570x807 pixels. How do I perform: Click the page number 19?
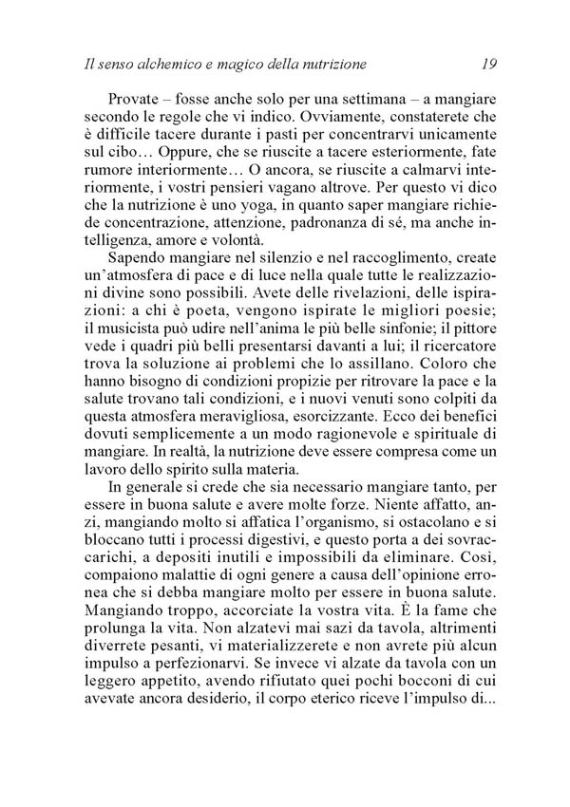(488, 65)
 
